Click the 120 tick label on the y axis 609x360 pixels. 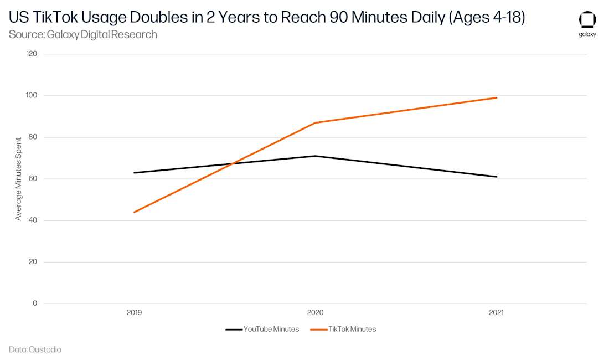[32, 54]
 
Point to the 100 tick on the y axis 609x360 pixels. [32, 95]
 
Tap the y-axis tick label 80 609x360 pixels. [33, 137]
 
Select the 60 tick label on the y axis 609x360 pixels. [33, 178]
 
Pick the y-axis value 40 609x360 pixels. [33, 220]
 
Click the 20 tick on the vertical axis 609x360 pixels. [33, 261]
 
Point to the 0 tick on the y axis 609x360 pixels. [35, 303]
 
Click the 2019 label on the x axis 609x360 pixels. [135, 312]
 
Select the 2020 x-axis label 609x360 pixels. [315, 312]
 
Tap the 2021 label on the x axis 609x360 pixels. [496, 312]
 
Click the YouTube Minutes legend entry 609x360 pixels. [262, 330]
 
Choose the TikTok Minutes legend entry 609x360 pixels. [343, 330]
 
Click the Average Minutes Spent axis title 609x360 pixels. [18, 179]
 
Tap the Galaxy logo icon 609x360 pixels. [587, 20]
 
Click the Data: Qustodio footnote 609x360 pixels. [35, 349]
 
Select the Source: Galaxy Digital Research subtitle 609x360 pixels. [82, 34]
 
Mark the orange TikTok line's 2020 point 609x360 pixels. [315, 123]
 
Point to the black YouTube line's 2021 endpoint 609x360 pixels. [497, 177]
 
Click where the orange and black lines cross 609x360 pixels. [233, 163]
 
